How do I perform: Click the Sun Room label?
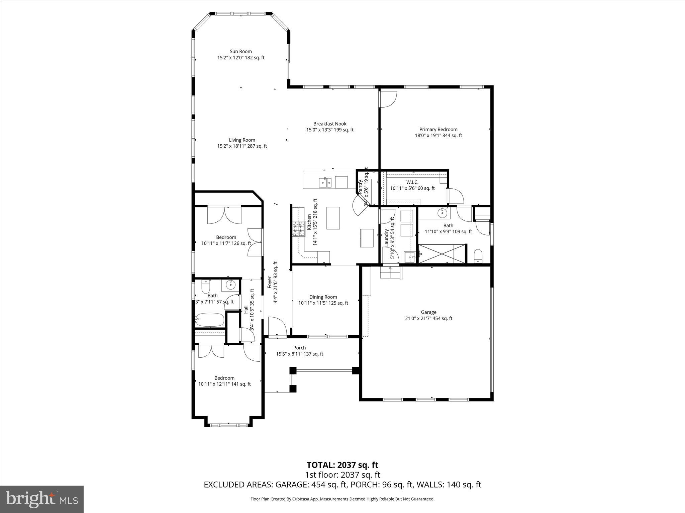pyautogui.click(x=240, y=54)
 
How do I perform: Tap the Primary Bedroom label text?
pyautogui.click(x=438, y=132)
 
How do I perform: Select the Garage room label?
pyautogui.click(x=428, y=315)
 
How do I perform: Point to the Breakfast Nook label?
pyautogui.click(x=330, y=127)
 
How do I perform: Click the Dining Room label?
pyautogui.click(x=323, y=300)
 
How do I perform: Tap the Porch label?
pyautogui.click(x=299, y=351)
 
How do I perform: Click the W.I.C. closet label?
pyautogui.click(x=412, y=185)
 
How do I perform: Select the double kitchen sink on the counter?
pyautogui.click(x=325, y=182)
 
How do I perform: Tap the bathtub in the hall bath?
pyautogui.click(x=210, y=320)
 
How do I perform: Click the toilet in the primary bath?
pyautogui.click(x=478, y=255)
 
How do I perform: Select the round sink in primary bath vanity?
pyautogui.click(x=443, y=212)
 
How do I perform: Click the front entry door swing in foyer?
pyautogui.click(x=277, y=326)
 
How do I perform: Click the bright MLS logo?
pyautogui.click(x=42, y=499)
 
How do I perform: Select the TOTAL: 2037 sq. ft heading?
pyautogui.click(x=342, y=465)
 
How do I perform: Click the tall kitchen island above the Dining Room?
pyautogui.click(x=333, y=218)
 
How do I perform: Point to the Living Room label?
pyautogui.click(x=242, y=143)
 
